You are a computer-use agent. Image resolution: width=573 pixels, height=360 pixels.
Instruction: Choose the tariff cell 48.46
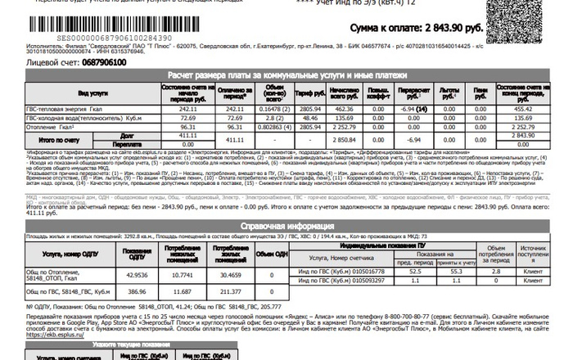tap(310, 118)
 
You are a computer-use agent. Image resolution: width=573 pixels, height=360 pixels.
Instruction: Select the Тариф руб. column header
tap(310, 92)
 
